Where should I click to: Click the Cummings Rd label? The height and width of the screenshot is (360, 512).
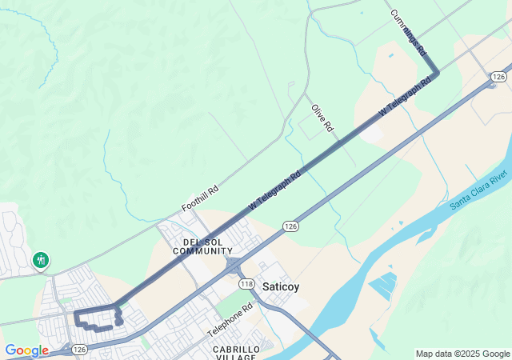[x=408, y=32]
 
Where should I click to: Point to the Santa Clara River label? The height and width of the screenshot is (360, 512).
[x=479, y=190]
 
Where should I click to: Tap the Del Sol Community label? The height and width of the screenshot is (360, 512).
[x=196, y=246]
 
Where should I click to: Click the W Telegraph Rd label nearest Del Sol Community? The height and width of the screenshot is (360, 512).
[x=274, y=190]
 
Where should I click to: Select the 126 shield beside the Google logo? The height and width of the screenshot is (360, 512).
[x=78, y=350]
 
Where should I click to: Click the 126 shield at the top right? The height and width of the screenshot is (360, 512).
[x=498, y=77]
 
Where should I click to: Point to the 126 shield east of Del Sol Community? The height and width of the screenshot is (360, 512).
[x=290, y=228]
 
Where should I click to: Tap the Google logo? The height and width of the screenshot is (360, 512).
[x=26, y=350]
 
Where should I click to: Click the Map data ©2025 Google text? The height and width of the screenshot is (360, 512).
[x=462, y=354]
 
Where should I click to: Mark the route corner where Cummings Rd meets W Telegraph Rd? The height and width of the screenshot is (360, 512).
[x=436, y=74]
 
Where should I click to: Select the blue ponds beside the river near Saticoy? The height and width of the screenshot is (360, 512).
[x=382, y=286]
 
